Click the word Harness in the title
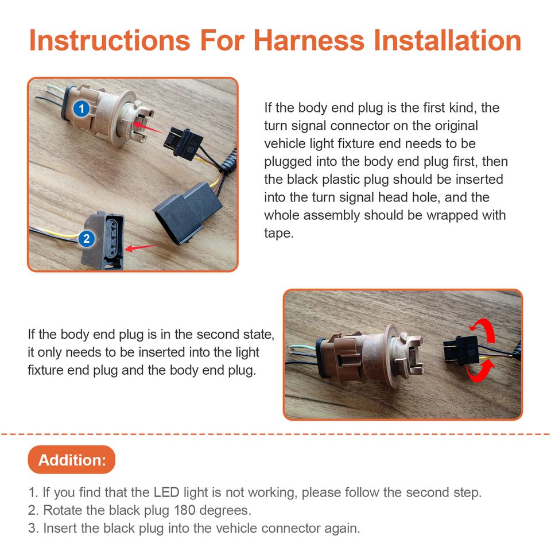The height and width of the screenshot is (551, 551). (x=309, y=40)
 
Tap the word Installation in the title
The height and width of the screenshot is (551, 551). (x=447, y=40)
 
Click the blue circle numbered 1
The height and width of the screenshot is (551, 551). (x=82, y=108)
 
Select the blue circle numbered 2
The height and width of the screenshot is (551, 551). (x=87, y=239)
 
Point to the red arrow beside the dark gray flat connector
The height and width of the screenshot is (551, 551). (x=141, y=247)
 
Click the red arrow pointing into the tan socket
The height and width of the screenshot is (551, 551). (x=148, y=127)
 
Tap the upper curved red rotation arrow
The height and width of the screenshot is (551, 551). (x=483, y=328)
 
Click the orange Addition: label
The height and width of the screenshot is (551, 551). (x=72, y=460)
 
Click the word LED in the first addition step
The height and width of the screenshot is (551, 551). (x=166, y=492)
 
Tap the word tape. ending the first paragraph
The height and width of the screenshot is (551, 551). (x=279, y=233)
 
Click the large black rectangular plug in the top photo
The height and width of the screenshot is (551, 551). (x=187, y=213)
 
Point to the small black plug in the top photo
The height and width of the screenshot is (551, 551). (x=183, y=143)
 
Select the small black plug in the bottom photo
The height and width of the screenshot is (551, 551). (x=461, y=350)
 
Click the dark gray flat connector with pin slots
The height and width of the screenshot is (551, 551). (x=103, y=240)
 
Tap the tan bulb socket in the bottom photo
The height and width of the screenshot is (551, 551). (x=369, y=356)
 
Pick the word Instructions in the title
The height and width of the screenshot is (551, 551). (x=110, y=40)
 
